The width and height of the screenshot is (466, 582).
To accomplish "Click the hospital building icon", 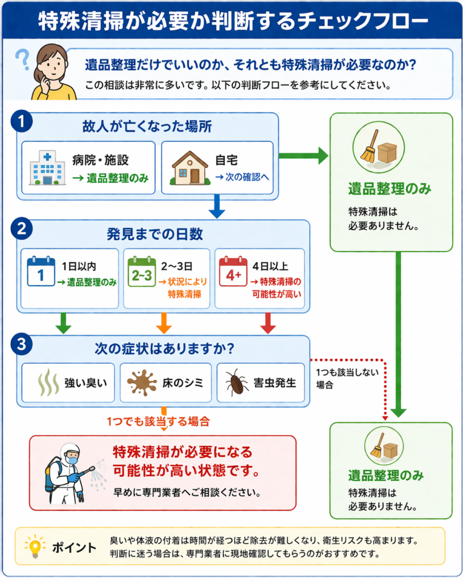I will point(47,167).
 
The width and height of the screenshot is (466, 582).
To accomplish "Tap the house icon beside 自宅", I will point(190,168).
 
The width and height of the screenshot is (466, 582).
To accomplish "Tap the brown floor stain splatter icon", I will point(142,382).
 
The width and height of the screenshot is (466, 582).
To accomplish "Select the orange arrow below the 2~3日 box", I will point(164,322).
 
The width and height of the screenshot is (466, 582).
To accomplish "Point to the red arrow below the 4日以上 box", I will point(267,322).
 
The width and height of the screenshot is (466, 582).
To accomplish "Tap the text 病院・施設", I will point(105,161).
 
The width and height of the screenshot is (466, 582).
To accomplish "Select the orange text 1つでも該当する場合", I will point(158,422).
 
